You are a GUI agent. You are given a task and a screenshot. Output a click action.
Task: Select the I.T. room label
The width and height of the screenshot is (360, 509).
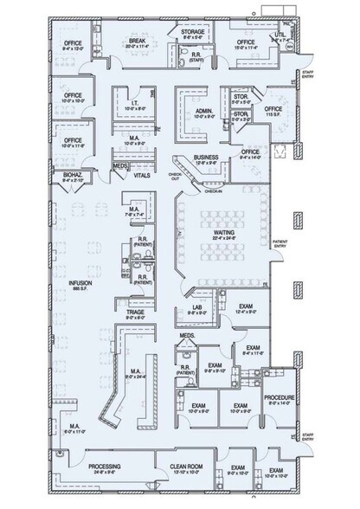pos(126,105)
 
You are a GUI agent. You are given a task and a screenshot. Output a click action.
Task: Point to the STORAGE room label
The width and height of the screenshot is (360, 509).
pos(192,33)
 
